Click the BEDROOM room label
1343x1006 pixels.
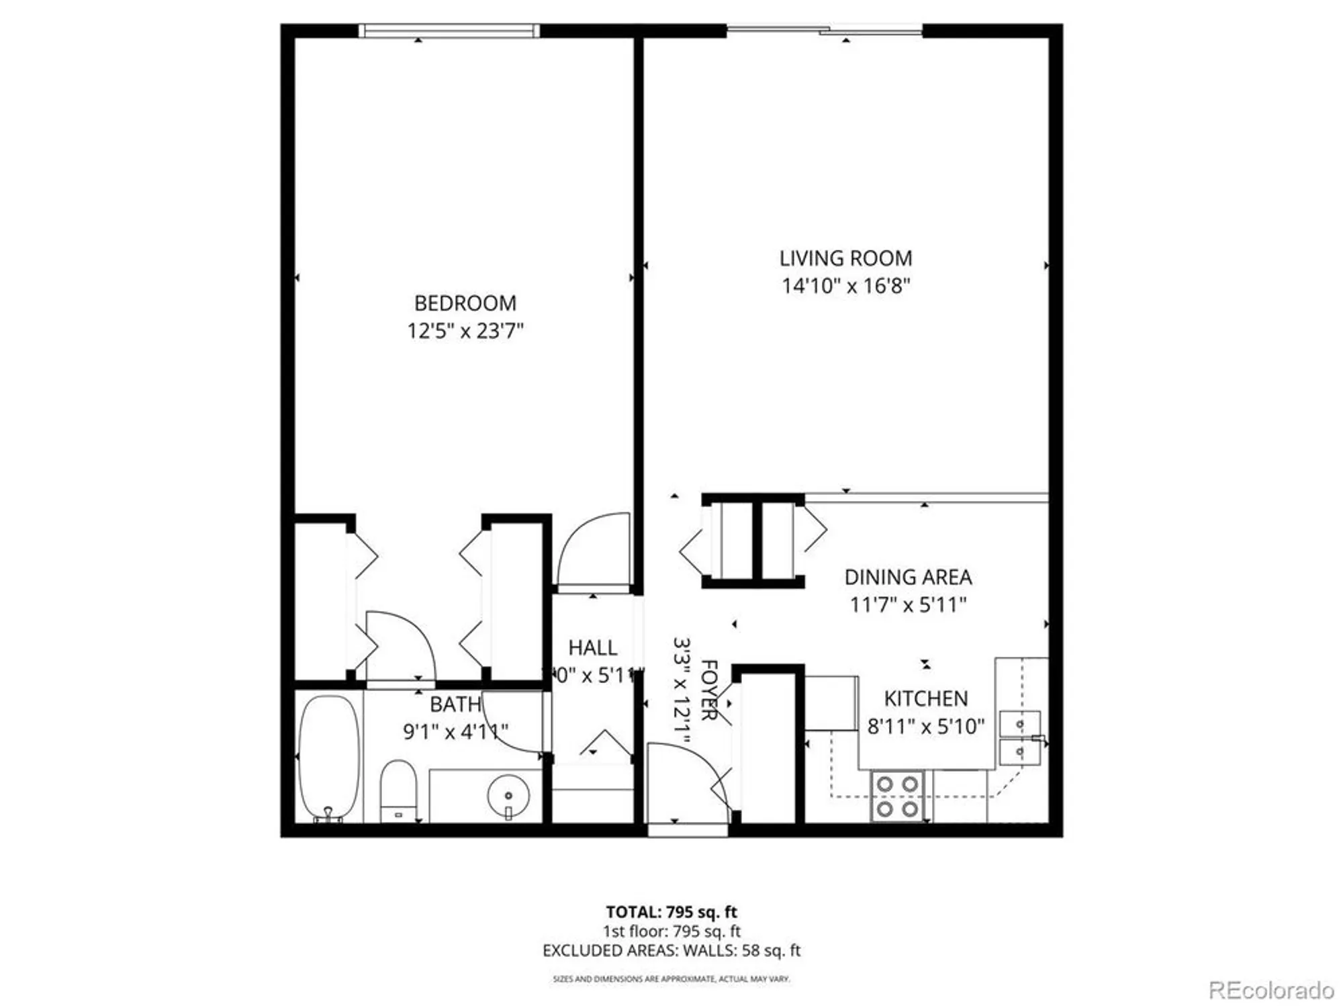pyautogui.click(x=465, y=304)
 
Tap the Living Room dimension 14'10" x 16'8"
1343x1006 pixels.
pyautogui.click(x=845, y=286)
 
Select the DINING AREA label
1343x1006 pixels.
pyautogui.click(x=908, y=578)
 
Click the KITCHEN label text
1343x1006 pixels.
pyautogui.click(x=925, y=699)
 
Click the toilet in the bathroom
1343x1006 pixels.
pyautogui.click(x=398, y=789)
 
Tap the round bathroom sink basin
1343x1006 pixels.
pyautogui.click(x=508, y=796)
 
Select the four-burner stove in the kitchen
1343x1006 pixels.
pyautogui.click(x=897, y=796)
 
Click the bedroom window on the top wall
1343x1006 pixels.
pyautogui.click(x=449, y=31)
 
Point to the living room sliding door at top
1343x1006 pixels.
pyautogui.click(x=825, y=30)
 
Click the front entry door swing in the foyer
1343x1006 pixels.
pyautogui.click(x=685, y=779)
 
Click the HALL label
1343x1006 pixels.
pyautogui.click(x=592, y=648)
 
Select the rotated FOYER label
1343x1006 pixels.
pyautogui.click(x=709, y=690)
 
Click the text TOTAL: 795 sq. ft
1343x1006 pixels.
pyautogui.click(x=671, y=912)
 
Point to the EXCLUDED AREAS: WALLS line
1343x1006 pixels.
pyautogui.click(x=671, y=951)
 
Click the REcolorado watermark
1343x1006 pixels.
pyautogui.click(x=1270, y=990)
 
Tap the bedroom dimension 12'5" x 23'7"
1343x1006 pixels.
pyautogui.click(x=465, y=331)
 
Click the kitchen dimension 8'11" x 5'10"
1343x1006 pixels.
pyautogui.click(x=925, y=727)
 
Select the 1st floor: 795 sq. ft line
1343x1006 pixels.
pyautogui.click(x=671, y=931)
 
